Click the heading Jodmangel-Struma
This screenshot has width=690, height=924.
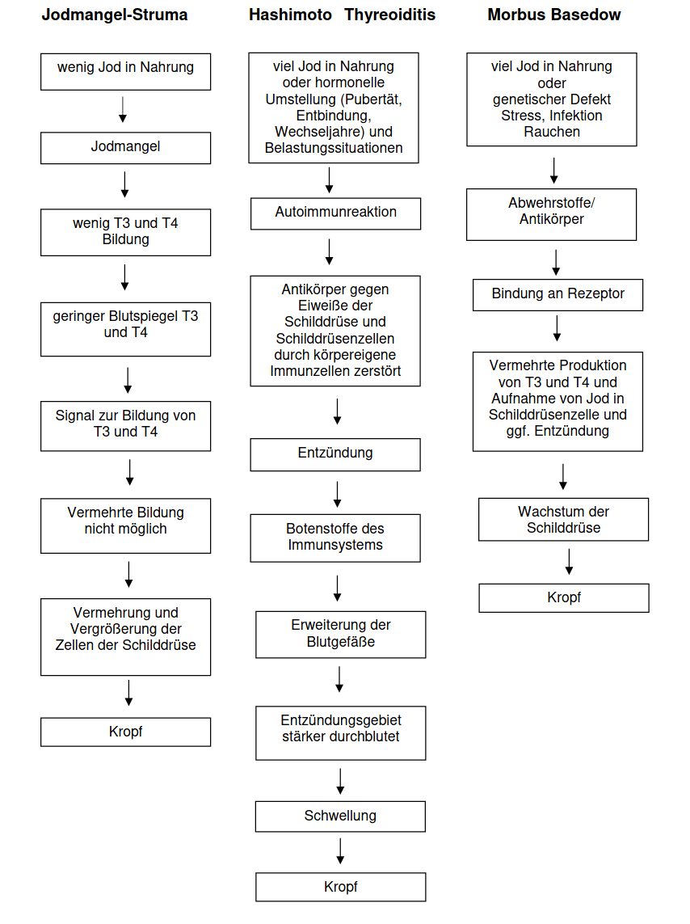click(x=115, y=15)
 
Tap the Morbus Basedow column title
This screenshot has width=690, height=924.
click(x=554, y=15)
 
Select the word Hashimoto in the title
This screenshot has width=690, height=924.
click(x=290, y=15)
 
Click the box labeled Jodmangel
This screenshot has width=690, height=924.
click(x=125, y=148)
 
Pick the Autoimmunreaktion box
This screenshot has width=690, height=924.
click(x=335, y=213)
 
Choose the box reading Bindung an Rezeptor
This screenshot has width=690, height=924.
click(x=557, y=294)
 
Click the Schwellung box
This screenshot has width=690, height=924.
click(x=340, y=816)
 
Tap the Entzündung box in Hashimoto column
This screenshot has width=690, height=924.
click(x=335, y=454)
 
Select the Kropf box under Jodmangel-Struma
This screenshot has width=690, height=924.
click(x=125, y=732)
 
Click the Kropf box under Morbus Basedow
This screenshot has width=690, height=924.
click(x=564, y=598)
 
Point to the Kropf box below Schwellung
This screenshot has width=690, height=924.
click(x=340, y=887)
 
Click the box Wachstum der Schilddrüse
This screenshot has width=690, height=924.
click(x=563, y=519)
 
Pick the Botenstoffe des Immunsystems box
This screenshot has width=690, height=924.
click(x=335, y=538)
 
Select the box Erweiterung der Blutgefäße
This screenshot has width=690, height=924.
click(x=340, y=635)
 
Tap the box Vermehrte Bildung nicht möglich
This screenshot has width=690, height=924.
click(x=125, y=525)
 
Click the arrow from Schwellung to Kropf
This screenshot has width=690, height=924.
click(x=340, y=851)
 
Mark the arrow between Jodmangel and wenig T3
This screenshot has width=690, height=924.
click(x=124, y=184)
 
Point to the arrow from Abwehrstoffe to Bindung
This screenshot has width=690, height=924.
click(x=556, y=263)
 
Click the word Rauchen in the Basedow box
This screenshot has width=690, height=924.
click(x=552, y=132)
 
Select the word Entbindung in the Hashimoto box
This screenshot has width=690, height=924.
click(x=334, y=116)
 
